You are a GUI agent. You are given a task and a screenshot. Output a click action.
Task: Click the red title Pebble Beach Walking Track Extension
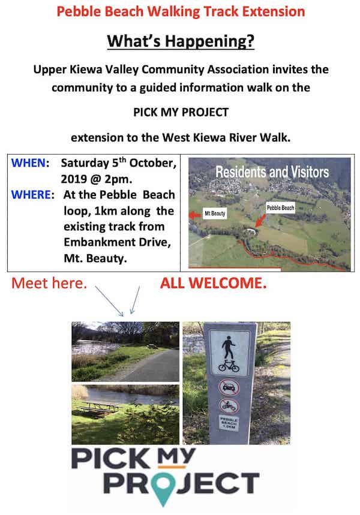tap(181, 11)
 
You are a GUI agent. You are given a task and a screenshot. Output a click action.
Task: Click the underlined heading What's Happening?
tap(181, 41)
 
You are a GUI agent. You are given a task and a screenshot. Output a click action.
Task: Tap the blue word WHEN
tap(28, 162)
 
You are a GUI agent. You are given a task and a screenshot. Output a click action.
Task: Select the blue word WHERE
tap(31, 194)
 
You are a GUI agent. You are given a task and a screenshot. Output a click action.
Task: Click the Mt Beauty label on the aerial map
tap(215, 213)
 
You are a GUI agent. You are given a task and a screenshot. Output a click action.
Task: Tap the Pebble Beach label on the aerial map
tap(280, 207)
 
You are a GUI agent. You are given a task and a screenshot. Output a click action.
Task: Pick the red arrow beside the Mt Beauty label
tap(195, 215)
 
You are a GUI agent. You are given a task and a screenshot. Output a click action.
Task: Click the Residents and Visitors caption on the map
tap(272, 172)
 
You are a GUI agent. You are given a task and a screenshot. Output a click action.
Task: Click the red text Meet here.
tap(49, 283)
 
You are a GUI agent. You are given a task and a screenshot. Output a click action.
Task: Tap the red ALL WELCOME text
tap(213, 283)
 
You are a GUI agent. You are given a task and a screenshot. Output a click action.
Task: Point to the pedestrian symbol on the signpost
tap(229, 347)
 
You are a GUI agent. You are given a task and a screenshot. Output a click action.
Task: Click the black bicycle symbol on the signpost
tap(229, 366)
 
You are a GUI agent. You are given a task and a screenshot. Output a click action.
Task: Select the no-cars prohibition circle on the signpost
tap(229, 387)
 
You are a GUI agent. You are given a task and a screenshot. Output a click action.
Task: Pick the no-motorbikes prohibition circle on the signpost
tap(229, 406)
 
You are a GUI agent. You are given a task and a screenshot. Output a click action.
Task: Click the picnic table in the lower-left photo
tap(99, 407)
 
